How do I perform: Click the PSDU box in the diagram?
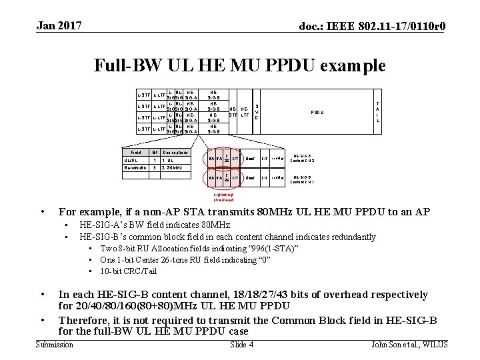(x=317, y=112)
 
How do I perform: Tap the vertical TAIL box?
(x=378, y=112)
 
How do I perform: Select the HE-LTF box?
(x=245, y=112)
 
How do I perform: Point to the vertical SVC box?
(x=257, y=112)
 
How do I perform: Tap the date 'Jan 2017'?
(x=59, y=26)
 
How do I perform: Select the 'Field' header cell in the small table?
(x=136, y=153)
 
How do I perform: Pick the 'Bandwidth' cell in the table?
(x=136, y=168)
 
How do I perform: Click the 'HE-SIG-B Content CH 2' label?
(x=304, y=159)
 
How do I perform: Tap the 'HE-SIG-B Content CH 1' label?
(x=304, y=179)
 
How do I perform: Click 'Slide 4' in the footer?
(x=241, y=344)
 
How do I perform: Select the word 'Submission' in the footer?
(x=54, y=344)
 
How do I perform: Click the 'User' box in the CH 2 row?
(x=249, y=159)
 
